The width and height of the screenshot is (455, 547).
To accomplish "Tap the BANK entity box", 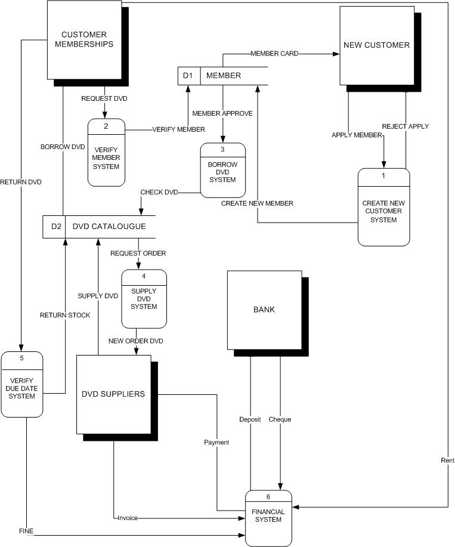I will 264,310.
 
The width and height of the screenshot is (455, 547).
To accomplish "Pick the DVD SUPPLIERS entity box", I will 113,394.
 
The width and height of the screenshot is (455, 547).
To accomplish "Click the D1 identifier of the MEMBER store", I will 188,76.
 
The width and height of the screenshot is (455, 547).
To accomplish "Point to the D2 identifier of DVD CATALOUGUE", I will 56,227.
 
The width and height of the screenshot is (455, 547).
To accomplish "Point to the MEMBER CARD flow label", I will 274,54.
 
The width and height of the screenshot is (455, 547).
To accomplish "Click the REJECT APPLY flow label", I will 406,126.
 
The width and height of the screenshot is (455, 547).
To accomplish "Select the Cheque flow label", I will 280,419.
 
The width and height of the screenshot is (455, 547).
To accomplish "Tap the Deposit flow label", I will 250,419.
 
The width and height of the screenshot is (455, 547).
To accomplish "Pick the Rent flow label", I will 447,461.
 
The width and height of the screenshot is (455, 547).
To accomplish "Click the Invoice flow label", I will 128,518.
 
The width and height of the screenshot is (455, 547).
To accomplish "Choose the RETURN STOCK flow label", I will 65,315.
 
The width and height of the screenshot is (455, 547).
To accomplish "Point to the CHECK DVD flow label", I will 159,192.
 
